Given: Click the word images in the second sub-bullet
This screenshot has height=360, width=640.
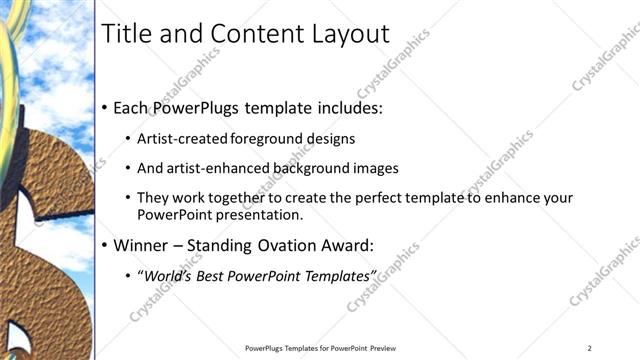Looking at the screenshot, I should [x=376, y=168].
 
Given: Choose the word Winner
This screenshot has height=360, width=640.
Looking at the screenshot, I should [x=139, y=244].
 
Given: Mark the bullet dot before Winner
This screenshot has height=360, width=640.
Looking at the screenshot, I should [x=105, y=245].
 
